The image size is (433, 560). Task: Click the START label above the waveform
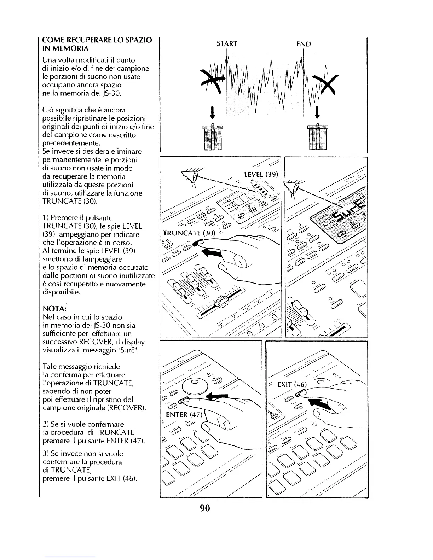click(227, 43)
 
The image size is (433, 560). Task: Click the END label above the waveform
click(304, 44)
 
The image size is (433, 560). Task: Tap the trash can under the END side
click(318, 137)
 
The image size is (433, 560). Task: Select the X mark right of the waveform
click(328, 84)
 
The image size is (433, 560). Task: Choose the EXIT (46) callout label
click(293, 384)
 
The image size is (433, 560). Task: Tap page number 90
click(205, 508)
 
